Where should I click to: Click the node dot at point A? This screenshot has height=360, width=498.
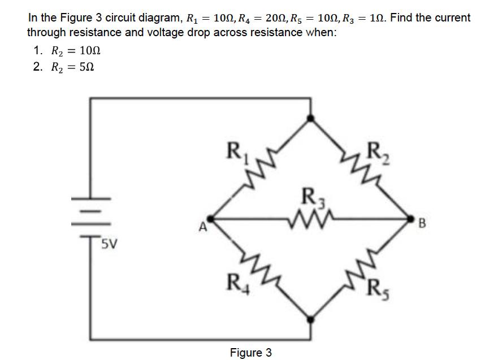(x=210, y=218)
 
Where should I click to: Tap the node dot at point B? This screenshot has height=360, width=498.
(x=410, y=218)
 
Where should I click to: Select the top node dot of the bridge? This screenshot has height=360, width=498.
(x=310, y=118)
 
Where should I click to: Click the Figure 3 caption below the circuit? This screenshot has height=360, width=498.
(x=250, y=353)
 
